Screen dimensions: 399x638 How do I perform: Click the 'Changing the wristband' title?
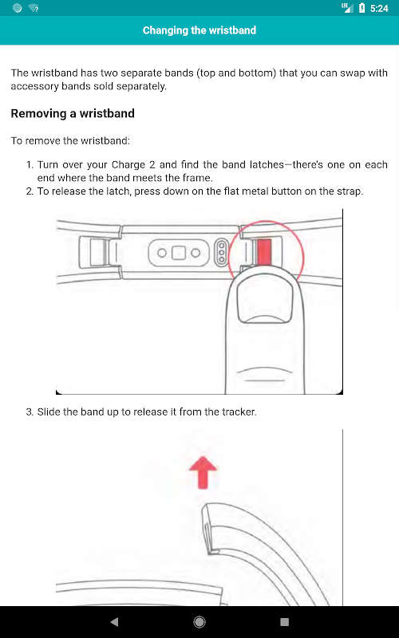(x=199, y=30)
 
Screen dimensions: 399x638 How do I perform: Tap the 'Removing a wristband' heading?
(x=73, y=113)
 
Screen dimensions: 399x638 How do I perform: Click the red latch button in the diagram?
(x=264, y=252)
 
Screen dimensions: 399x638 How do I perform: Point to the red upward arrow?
(x=203, y=472)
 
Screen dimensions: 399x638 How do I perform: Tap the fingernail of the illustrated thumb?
(x=265, y=301)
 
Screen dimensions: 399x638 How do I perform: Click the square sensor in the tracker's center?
(x=179, y=253)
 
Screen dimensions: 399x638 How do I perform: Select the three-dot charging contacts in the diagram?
(x=222, y=253)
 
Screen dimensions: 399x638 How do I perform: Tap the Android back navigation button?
(x=114, y=621)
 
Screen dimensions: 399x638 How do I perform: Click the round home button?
(x=199, y=621)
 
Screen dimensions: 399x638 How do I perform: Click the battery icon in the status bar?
(x=361, y=8)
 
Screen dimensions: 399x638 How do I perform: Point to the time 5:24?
(x=379, y=8)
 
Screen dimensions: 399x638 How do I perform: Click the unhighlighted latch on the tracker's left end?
(x=97, y=252)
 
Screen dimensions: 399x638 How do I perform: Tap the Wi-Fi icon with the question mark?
(x=34, y=8)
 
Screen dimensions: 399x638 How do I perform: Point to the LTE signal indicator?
(x=347, y=7)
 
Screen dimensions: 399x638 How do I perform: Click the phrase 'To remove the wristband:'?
(x=70, y=141)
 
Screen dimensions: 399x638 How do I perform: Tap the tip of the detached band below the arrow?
(x=205, y=507)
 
